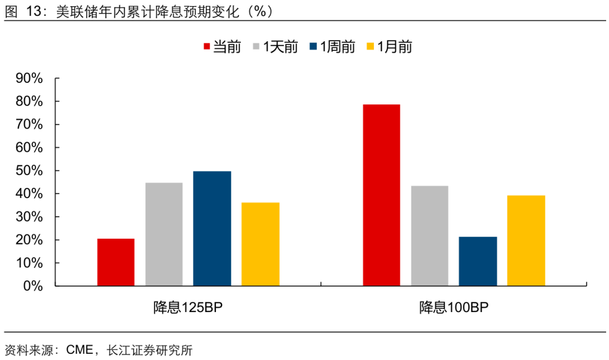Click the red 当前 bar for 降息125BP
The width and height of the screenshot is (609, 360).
pos(116,262)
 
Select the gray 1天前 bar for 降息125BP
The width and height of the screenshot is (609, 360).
pos(164,234)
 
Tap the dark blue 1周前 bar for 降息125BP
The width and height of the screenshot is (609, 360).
pos(212,229)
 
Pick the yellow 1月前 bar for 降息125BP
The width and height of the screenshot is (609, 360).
pos(260,244)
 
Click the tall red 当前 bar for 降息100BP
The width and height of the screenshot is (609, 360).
pos(381,195)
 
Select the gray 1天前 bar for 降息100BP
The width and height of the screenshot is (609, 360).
pos(430,236)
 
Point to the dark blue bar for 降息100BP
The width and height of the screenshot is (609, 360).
pos(478,261)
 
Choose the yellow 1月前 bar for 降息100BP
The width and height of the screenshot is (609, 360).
pos(526,240)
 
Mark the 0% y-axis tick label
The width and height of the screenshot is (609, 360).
pos(33,286)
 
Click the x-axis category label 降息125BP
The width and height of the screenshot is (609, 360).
pos(188,308)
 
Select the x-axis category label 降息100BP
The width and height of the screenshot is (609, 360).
pos(453,308)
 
